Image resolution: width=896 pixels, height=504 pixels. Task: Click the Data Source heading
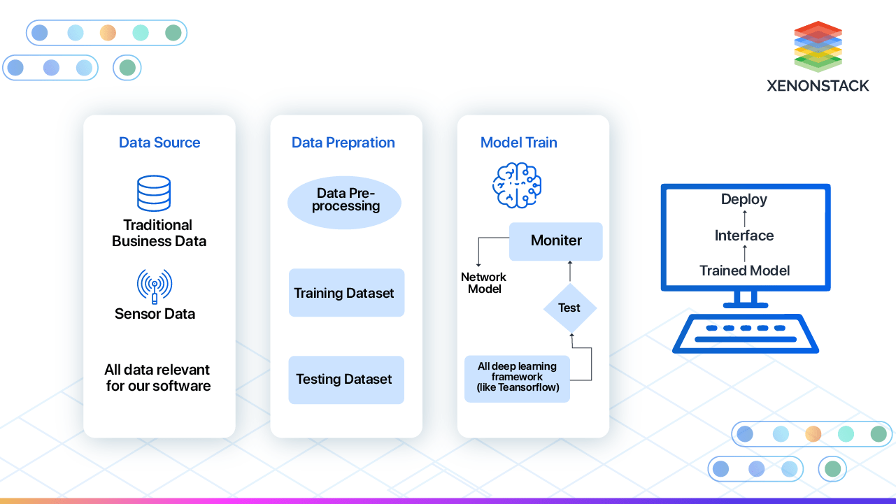[x=159, y=143]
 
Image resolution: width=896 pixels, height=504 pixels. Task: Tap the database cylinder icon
[x=154, y=193]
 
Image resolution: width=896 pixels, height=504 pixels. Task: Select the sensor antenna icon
[x=154, y=287]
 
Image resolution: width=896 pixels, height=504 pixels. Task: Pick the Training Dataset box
[x=346, y=293]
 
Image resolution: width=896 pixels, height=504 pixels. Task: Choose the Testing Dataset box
[x=346, y=380]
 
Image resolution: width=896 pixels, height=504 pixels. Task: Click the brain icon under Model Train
[x=517, y=185]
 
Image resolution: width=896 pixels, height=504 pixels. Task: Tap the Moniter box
[x=556, y=241]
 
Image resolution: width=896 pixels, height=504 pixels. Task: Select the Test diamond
[x=569, y=308]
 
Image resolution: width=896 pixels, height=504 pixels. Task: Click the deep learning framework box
[x=517, y=377]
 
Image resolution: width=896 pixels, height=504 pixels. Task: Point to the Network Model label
[x=483, y=283]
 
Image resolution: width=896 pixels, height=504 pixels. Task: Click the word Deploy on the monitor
[x=744, y=199]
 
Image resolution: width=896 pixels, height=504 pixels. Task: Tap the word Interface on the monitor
[x=744, y=236]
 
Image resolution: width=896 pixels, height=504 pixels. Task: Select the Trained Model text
[x=744, y=271]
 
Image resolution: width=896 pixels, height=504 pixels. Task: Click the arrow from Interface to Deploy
[x=744, y=217]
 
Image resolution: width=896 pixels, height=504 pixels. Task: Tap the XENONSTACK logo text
[x=818, y=86]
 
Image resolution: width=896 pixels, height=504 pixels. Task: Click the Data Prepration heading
[x=343, y=143]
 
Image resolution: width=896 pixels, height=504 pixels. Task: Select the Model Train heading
[x=519, y=143]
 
